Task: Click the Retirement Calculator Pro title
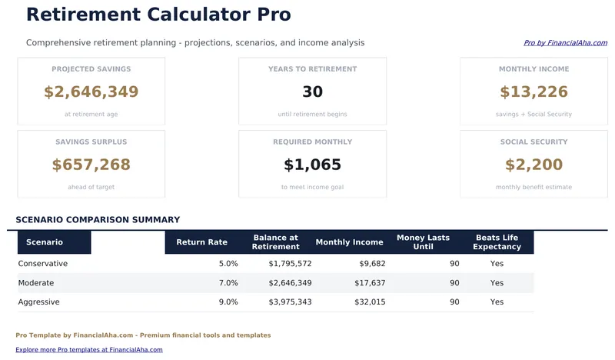158,15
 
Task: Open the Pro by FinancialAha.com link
565,43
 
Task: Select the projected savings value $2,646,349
91,92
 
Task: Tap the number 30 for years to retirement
312,92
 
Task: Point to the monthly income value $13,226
534,92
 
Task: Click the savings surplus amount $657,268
91,165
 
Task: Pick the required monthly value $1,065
312,165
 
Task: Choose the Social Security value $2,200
534,165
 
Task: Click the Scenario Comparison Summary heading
98,220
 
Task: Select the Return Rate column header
201,242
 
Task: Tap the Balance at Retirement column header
275,242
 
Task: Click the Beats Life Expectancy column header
497,242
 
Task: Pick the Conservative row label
43,264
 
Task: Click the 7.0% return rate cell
228,283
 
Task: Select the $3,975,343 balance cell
290,302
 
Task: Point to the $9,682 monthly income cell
372,264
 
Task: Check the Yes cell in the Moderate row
497,283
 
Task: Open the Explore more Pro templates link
89,349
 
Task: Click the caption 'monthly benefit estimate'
534,187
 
